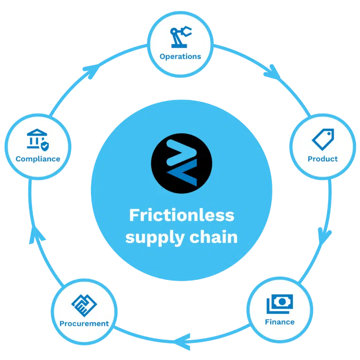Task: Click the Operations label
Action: click(x=180, y=56)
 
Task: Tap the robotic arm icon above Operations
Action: click(x=180, y=37)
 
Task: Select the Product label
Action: click(x=322, y=158)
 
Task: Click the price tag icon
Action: click(x=323, y=139)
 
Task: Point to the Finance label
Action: click(x=280, y=322)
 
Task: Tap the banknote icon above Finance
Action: click(x=280, y=304)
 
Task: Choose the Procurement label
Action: click(x=84, y=323)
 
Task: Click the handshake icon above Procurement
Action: click(x=84, y=305)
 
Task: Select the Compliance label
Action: click(x=38, y=159)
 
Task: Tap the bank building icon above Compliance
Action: click(x=37, y=138)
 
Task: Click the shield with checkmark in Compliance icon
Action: click(x=45, y=146)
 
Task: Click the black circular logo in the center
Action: click(x=181, y=163)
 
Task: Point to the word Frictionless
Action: click(x=181, y=215)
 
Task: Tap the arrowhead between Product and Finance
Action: click(x=324, y=236)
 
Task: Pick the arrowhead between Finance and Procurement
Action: click(x=182, y=342)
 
